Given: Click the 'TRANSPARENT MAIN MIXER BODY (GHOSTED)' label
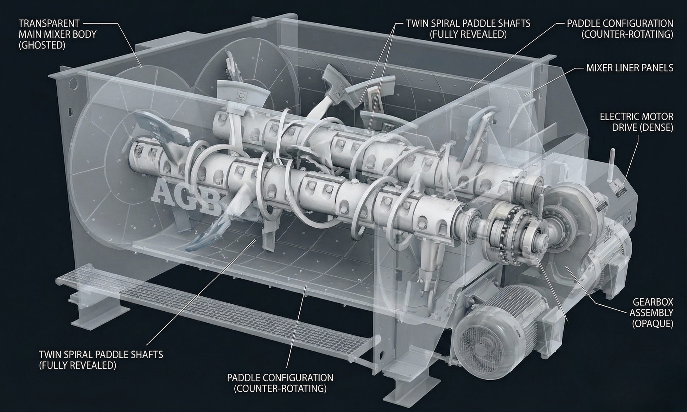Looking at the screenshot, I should click(x=57, y=34).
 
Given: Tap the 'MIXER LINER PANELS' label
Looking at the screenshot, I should click(x=630, y=68).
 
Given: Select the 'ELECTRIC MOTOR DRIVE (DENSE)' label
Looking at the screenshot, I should click(x=636, y=122).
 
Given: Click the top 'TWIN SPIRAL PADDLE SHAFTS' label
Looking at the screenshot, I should click(x=468, y=29).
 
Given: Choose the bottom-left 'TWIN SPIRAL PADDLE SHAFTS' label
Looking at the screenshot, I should click(x=101, y=360).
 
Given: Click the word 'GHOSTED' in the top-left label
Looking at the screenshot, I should click(x=42, y=45).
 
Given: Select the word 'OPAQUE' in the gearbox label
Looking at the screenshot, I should click(x=652, y=324).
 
